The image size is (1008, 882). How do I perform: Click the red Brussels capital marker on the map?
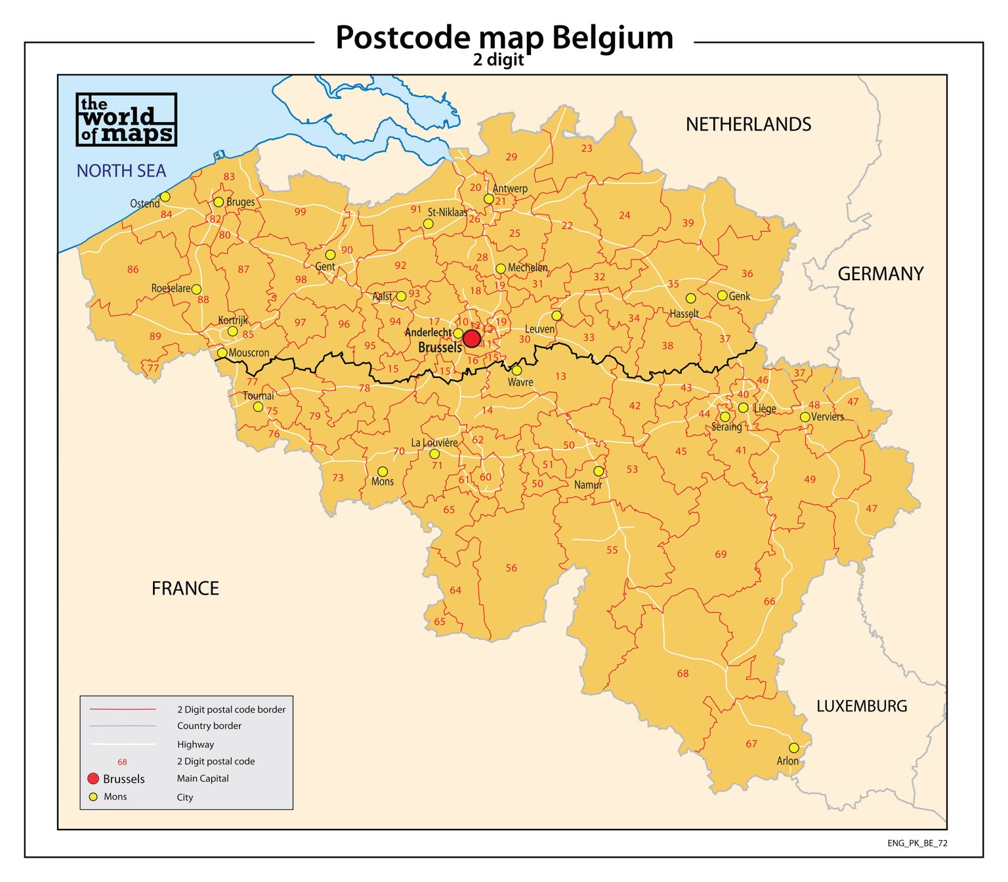point(471,339)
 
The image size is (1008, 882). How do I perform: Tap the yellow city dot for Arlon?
point(793,748)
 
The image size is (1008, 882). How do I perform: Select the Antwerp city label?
point(510,188)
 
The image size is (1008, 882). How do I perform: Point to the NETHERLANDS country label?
point(748,124)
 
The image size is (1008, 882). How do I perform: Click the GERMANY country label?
point(880,274)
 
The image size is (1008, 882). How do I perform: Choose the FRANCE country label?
point(185,588)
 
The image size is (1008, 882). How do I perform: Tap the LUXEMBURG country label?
point(861,706)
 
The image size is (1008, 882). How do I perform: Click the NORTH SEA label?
point(121,171)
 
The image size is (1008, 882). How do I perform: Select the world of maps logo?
point(126,119)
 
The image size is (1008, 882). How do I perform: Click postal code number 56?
point(511,568)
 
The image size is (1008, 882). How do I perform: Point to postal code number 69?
point(721,554)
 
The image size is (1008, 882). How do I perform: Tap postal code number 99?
point(300,211)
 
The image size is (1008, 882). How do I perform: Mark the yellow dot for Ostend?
point(165,197)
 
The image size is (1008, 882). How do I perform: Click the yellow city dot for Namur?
point(598,471)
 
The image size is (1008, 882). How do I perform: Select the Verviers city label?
point(827,417)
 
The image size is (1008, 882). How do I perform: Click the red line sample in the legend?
point(123,709)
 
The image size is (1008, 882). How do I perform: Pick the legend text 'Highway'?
point(196,744)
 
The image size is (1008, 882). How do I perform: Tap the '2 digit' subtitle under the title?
point(498,60)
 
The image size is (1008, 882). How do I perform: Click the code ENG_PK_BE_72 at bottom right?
point(917,843)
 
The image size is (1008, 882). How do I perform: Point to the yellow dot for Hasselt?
point(690,298)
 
